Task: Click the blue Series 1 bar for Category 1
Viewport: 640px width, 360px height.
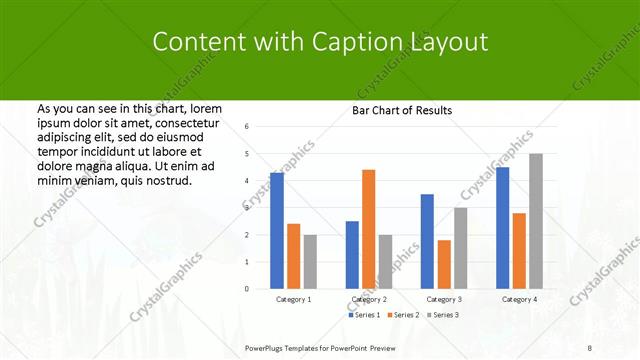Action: [x=277, y=231]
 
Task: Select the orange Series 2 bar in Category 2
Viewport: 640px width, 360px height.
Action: [x=368, y=229]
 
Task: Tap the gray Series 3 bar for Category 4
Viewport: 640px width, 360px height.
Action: [x=536, y=221]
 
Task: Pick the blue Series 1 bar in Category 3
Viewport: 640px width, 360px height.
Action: [x=427, y=241]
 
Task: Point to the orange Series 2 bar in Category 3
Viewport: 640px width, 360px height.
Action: [x=444, y=264]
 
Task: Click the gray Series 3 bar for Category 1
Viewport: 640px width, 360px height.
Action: [x=310, y=262]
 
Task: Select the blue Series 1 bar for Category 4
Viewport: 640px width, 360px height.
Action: [x=502, y=228]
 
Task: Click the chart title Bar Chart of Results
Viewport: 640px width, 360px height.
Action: [x=402, y=110]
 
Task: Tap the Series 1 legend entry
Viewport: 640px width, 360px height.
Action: [x=364, y=315]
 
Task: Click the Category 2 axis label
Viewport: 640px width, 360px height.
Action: [x=369, y=299]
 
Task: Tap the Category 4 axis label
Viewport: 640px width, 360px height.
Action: [x=519, y=299]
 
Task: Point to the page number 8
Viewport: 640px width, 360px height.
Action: [x=589, y=347]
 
